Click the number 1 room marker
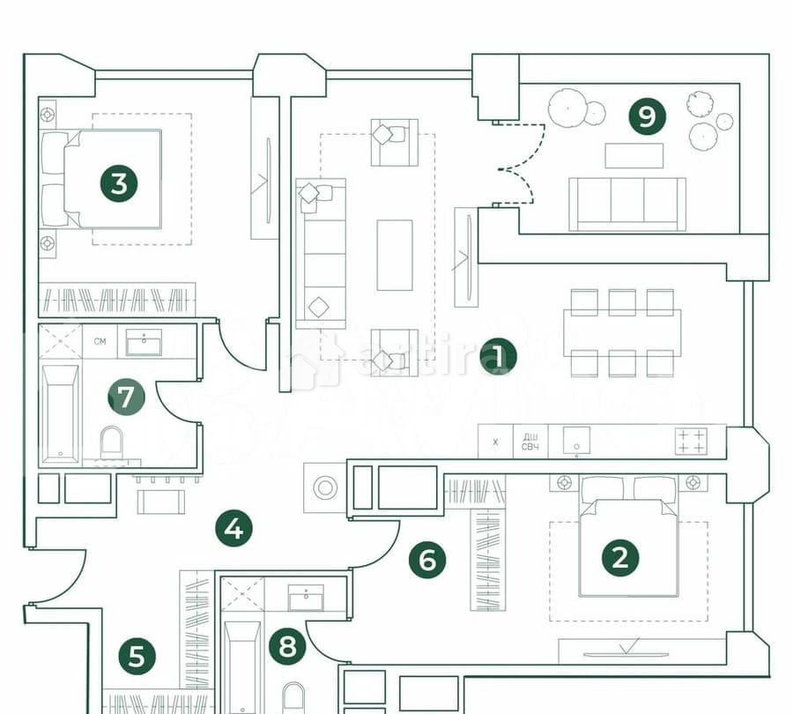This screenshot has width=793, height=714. [x=498, y=357]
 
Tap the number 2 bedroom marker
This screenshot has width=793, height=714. [x=619, y=557]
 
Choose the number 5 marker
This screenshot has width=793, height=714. [x=137, y=656]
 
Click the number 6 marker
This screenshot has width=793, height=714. [x=428, y=560]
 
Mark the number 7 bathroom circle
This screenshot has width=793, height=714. [x=126, y=398]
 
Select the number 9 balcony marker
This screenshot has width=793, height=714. [x=648, y=116]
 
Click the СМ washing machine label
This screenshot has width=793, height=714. [x=100, y=341]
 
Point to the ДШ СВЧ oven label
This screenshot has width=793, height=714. [x=530, y=442]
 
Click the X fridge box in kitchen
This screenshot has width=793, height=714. [x=495, y=442]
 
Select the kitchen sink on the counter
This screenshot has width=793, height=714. [x=576, y=441]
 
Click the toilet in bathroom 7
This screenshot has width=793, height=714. [x=112, y=442]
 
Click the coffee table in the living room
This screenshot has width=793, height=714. [x=394, y=255]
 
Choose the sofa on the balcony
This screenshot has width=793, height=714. [x=626, y=204]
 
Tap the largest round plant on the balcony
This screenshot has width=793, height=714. [x=565, y=108]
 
